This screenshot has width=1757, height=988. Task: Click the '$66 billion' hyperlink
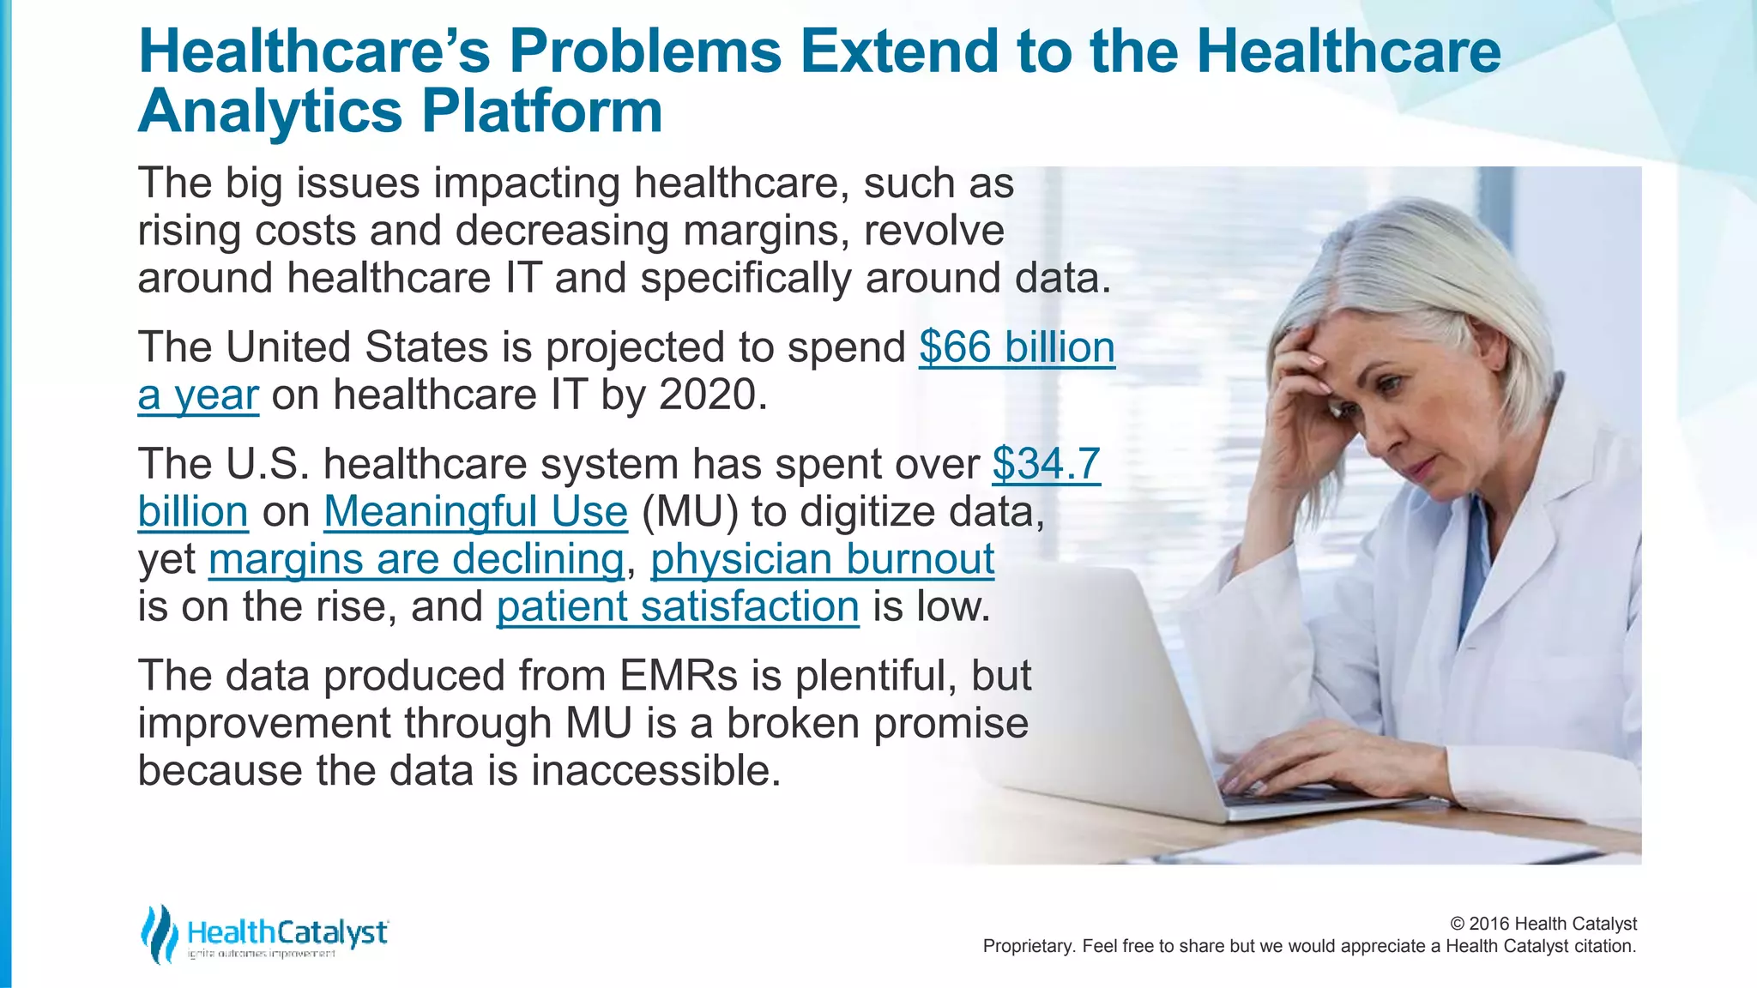(1017, 347)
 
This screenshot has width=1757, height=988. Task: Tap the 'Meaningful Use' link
(475, 512)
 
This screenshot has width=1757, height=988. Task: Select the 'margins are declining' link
(415, 559)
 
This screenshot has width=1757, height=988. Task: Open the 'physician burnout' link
(822, 559)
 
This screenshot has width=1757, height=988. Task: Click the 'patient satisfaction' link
(678, 607)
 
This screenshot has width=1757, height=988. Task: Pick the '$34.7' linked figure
(1046, 464)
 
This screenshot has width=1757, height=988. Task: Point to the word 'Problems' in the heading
(645, 51)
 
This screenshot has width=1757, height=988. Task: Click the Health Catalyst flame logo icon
(159, 934)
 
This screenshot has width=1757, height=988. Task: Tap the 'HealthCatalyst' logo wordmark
(287, 931)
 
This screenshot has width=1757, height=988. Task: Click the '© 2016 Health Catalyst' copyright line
(1543, 924)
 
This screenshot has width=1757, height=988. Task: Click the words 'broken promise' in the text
(877, 723)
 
